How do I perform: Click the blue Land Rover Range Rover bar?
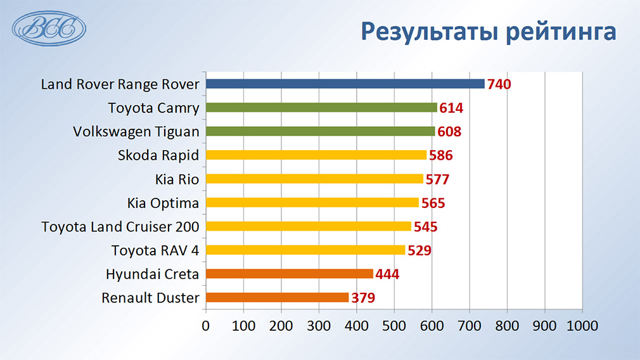[345, 84]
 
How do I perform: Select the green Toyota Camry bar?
[321, 107]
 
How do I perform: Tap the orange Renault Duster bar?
[277, 297]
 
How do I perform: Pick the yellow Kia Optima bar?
[312, 202]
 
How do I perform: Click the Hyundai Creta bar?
[290, 273]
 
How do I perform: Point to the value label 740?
[499, 84]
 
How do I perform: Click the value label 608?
[449, 131]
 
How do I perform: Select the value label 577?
[437, 179]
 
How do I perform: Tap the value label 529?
[419, 250]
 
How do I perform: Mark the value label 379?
[363, 297]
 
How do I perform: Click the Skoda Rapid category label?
[158, 155]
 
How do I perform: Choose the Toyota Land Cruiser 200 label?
[120, 226]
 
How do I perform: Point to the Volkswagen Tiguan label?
[136, 132]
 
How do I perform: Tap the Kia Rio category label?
[177, 179]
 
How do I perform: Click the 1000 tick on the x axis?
[582, 326]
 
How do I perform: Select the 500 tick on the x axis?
[394, 326]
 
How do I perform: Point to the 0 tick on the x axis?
[206, 326]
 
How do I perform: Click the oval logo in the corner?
[49, 29]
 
